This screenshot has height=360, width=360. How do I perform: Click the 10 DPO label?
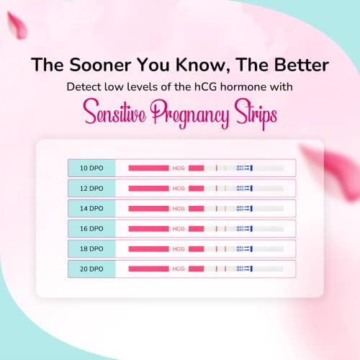[91, 168]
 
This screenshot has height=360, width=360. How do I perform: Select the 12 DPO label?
[91, 188]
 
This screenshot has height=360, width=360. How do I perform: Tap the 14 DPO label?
[91, 208]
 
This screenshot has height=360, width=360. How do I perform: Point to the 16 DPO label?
[91, 228]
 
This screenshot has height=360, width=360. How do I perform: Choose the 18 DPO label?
[91, 248]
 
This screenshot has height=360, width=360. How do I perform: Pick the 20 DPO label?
[91, 269]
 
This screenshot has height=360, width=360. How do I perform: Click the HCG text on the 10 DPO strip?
[178, 168]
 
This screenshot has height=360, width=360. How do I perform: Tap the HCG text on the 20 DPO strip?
[178, 269]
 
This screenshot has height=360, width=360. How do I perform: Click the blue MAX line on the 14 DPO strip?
[252, 208]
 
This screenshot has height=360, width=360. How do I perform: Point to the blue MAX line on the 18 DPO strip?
[252, 248]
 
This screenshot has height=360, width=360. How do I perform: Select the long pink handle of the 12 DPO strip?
[148, 188]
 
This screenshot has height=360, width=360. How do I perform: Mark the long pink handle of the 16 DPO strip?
[148, 228]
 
